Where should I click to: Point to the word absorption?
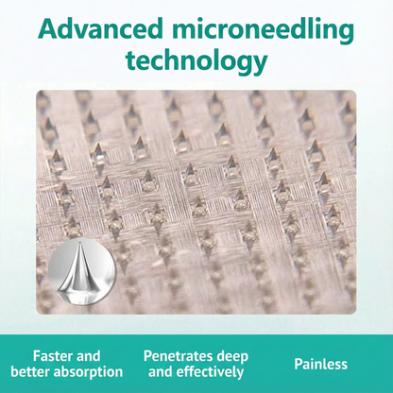click(x=90, y=372)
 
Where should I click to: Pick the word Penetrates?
click(x=177, y=356)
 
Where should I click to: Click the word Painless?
click(x=320, y=364)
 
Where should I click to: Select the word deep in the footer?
click(x=231, y=356)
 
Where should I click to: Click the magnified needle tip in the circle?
click(x=78, y=266)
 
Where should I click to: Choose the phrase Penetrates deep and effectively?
click(x=196, y=364)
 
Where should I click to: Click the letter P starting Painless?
click(x=299, y=364)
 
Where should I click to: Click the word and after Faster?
click(x=88, y=356)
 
